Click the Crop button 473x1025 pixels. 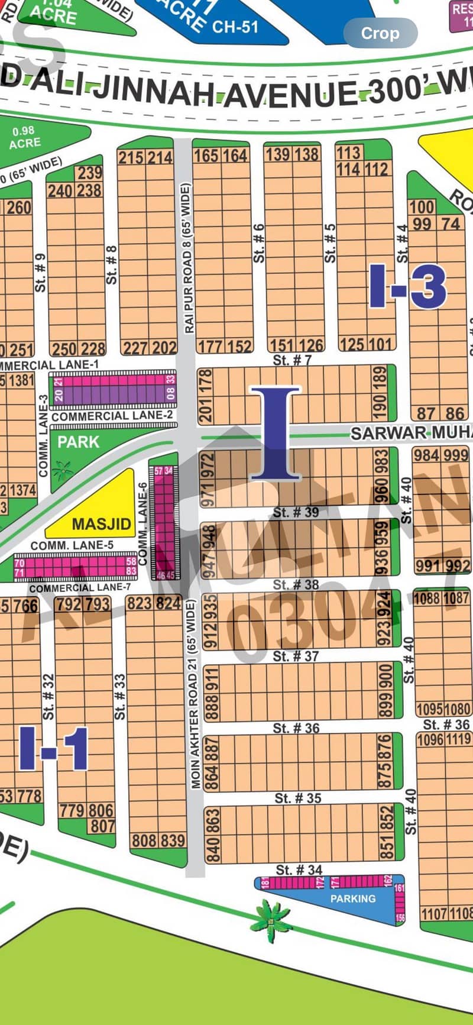(380, 33)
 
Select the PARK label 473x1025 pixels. (79, 442)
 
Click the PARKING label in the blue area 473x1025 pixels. (353, 898)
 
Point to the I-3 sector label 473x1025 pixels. (408, 286)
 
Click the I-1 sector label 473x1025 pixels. (54, 749)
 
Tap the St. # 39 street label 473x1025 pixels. (296, 512)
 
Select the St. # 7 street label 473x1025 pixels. (292, 360)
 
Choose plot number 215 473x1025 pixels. (131, 157)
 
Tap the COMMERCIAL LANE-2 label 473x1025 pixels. (112, 416)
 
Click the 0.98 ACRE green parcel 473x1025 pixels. (25, 137)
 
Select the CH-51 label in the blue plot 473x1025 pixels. (235, 26)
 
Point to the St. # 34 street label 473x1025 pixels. (299, 869)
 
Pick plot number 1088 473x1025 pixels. (426, 598)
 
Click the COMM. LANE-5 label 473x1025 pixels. (72, 545)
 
